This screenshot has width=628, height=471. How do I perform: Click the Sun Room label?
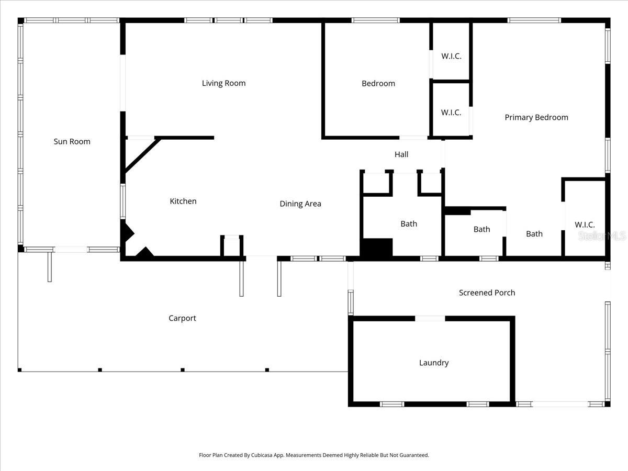coord(72,141)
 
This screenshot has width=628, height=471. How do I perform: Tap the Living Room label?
coord(223,83)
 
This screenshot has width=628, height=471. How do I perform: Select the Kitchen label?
coord(183,201)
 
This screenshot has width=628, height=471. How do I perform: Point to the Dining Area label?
coord(300,204)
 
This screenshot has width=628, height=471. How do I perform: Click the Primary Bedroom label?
coord(536,117)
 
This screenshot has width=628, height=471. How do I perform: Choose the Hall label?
coord(401,154)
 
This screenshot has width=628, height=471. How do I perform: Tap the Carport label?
coord(182,318)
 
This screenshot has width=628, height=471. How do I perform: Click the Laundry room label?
coord(434,363)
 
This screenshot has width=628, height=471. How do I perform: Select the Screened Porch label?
coord(487,293)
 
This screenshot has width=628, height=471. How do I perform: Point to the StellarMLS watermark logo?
coord(602,237)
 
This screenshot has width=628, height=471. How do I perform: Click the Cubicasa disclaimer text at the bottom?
coord(314,455)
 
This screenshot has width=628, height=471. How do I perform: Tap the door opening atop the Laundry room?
coord(430,318)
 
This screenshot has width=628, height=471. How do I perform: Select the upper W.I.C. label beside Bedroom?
coord(451,56)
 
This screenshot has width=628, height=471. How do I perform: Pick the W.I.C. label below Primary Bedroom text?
coord(585,225)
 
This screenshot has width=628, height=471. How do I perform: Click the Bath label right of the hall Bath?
coord(481,229)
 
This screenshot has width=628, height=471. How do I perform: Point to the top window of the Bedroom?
coord(375,20)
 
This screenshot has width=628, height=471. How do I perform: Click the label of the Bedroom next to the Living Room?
coord(378,83)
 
